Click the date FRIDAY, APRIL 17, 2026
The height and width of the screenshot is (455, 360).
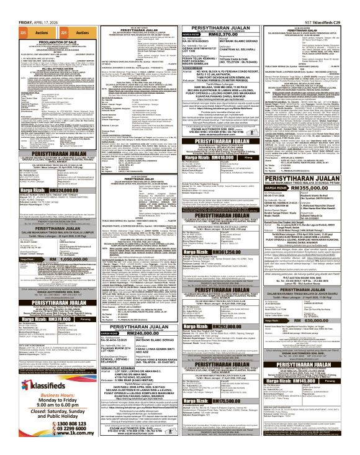(22, 5)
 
